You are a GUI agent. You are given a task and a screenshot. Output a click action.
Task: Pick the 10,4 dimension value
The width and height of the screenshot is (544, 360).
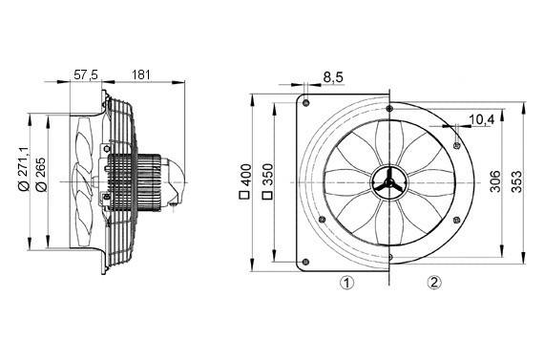click(x=481, y=119)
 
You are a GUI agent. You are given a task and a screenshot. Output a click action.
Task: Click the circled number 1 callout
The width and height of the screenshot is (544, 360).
click(x=347, y=283)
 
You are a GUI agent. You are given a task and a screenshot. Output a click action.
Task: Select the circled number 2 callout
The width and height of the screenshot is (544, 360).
click(x=434, y=283)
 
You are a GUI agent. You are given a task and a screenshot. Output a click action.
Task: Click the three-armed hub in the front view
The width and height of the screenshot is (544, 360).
click(x=388, y=180)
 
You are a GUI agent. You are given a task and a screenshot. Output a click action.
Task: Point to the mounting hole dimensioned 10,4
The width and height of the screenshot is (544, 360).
click(x=458, y=144)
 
